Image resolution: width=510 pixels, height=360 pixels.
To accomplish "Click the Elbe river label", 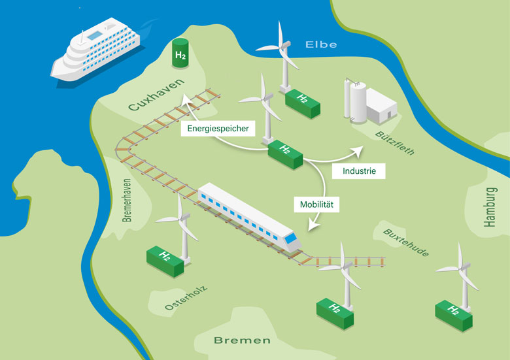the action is coord(321,44).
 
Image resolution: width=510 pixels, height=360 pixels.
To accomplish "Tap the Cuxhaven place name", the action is coord(156,95).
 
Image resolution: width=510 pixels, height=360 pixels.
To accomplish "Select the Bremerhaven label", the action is coord(127,200).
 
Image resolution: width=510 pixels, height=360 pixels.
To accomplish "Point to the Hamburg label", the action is coord(490,207).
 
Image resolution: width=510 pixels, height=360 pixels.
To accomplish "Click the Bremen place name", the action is coord(243,340).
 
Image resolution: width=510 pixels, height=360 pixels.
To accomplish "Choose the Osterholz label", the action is coord(186,298).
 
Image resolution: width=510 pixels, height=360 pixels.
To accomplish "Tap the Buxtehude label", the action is coord(406,242).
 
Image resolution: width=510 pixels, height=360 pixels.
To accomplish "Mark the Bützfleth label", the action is coord(395,143).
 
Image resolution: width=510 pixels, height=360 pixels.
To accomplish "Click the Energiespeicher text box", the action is coord(218,128).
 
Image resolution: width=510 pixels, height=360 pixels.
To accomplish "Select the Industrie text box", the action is coord(359,171).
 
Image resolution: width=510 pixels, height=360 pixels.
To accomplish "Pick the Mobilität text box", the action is coord(316,205).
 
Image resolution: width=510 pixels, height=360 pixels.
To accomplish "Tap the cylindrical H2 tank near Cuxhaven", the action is coord(180,53).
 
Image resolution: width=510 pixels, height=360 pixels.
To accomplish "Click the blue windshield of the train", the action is coord(290,239).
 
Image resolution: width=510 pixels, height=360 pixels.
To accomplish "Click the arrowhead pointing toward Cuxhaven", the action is coord(186,99).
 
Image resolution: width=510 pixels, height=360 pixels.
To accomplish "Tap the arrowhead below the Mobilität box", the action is coord(313,225).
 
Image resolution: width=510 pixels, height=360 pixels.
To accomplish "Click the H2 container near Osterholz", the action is coord(165,261).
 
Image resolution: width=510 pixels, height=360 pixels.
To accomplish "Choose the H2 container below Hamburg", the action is coord(454,316).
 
